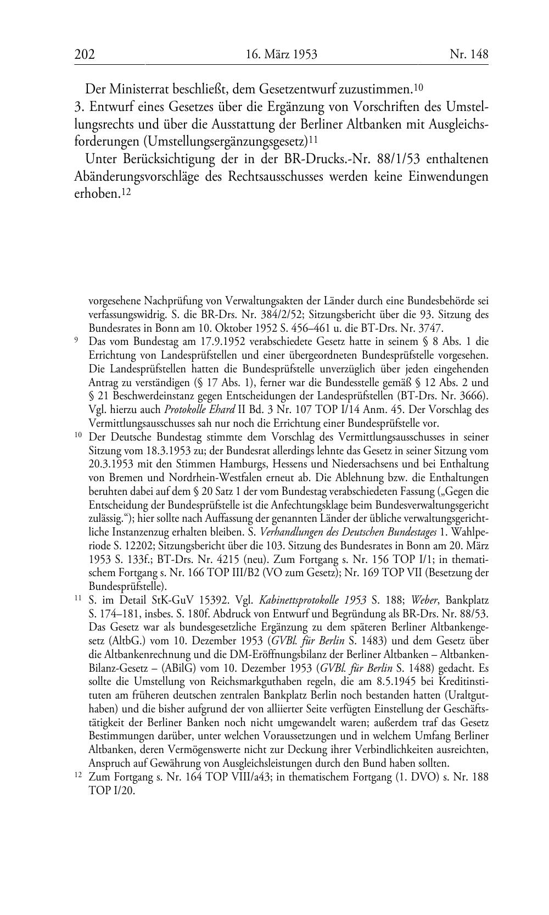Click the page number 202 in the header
click(85, 54)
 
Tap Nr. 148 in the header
click(468, 54)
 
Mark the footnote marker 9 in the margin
click(76, 340)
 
